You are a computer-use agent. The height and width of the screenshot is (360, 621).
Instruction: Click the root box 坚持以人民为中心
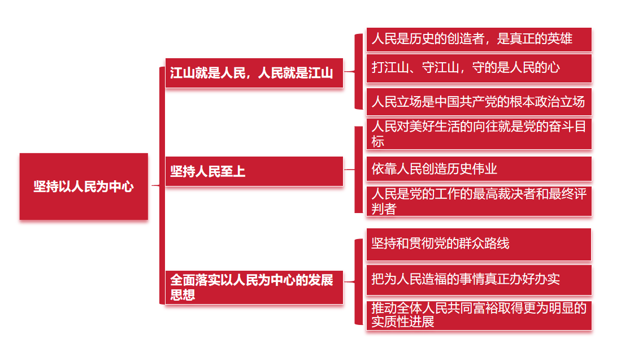pos(84,186)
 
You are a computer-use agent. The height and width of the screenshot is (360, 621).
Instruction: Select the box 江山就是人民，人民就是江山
pos(254,73)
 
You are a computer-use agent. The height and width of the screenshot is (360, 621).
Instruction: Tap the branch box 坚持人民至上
pos(254,171)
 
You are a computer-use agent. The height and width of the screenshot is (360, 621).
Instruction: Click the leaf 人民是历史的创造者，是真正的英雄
pos(479,39)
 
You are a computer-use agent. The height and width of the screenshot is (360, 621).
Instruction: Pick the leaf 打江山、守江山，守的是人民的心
pos(479,68)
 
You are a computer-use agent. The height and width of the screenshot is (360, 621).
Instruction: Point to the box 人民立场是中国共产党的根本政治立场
pos(479,102)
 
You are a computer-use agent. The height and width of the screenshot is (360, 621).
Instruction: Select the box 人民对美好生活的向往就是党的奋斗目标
pos(479,134)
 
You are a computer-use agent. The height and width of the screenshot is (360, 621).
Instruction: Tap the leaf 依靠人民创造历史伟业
pos(479,168)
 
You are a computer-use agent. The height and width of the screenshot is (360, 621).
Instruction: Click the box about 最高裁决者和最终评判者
pos(479,201)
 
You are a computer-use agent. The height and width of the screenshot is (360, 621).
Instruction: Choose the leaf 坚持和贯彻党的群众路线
pos(479,244)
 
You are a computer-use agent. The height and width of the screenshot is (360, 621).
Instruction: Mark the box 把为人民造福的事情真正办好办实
pos(479,279)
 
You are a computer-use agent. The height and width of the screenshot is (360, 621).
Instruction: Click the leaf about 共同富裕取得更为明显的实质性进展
pos(479,315)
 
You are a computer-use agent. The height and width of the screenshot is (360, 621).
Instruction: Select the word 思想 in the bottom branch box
pos(183,295)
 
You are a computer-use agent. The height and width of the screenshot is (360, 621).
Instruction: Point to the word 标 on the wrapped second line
pos(378,141)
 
